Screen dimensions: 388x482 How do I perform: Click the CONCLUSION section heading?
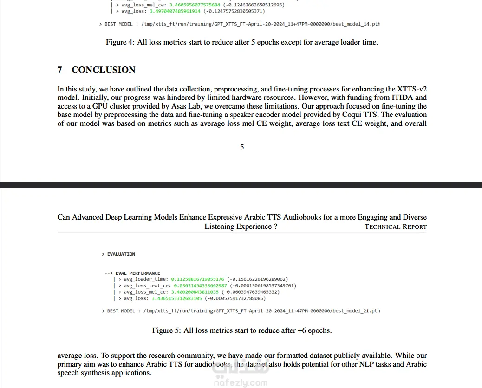103,70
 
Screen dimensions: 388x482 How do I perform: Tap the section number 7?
60,70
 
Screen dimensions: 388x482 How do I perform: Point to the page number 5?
242,147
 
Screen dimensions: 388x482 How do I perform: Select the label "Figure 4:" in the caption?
120,42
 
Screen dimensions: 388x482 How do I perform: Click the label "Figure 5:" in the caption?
167,330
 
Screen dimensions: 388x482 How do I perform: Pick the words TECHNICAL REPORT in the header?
396,227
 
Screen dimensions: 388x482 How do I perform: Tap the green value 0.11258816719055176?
198,279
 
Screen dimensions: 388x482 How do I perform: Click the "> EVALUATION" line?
118,254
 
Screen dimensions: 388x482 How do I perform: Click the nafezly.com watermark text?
241,383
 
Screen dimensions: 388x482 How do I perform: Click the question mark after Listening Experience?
275,226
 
